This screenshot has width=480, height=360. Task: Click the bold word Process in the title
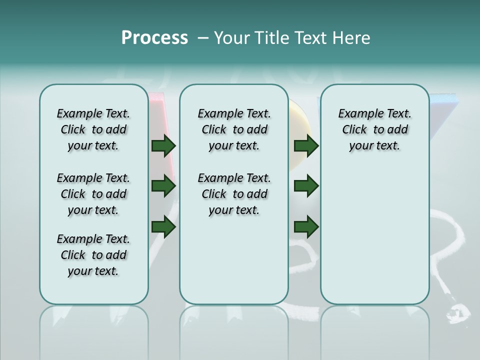[x=154, y=37]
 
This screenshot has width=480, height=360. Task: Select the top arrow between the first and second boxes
[x=163, y=146]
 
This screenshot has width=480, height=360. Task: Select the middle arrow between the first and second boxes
[x=163, y=186]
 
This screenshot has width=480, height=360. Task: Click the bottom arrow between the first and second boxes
[x=163, y=227]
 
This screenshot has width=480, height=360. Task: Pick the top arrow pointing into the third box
[x=306, y=146]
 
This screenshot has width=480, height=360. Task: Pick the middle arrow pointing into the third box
[x=306, y=186]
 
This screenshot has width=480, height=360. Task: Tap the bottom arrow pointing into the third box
[x=306, y=227]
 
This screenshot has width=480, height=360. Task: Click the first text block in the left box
[x=93, y=129]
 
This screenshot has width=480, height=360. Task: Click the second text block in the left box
[x=93, y=194]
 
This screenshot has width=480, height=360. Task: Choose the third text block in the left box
[x=93, y=255]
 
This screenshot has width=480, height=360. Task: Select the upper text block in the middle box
[x=234, y=129]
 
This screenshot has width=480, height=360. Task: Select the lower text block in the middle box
[x=234, y=194]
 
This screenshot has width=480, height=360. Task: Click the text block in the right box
[x=374, y=129]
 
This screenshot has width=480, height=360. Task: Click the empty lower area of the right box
[x=374, y=235]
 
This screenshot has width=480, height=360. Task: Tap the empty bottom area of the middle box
[x=234, y=265]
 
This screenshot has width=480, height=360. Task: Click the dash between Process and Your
[x=203, y=38]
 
